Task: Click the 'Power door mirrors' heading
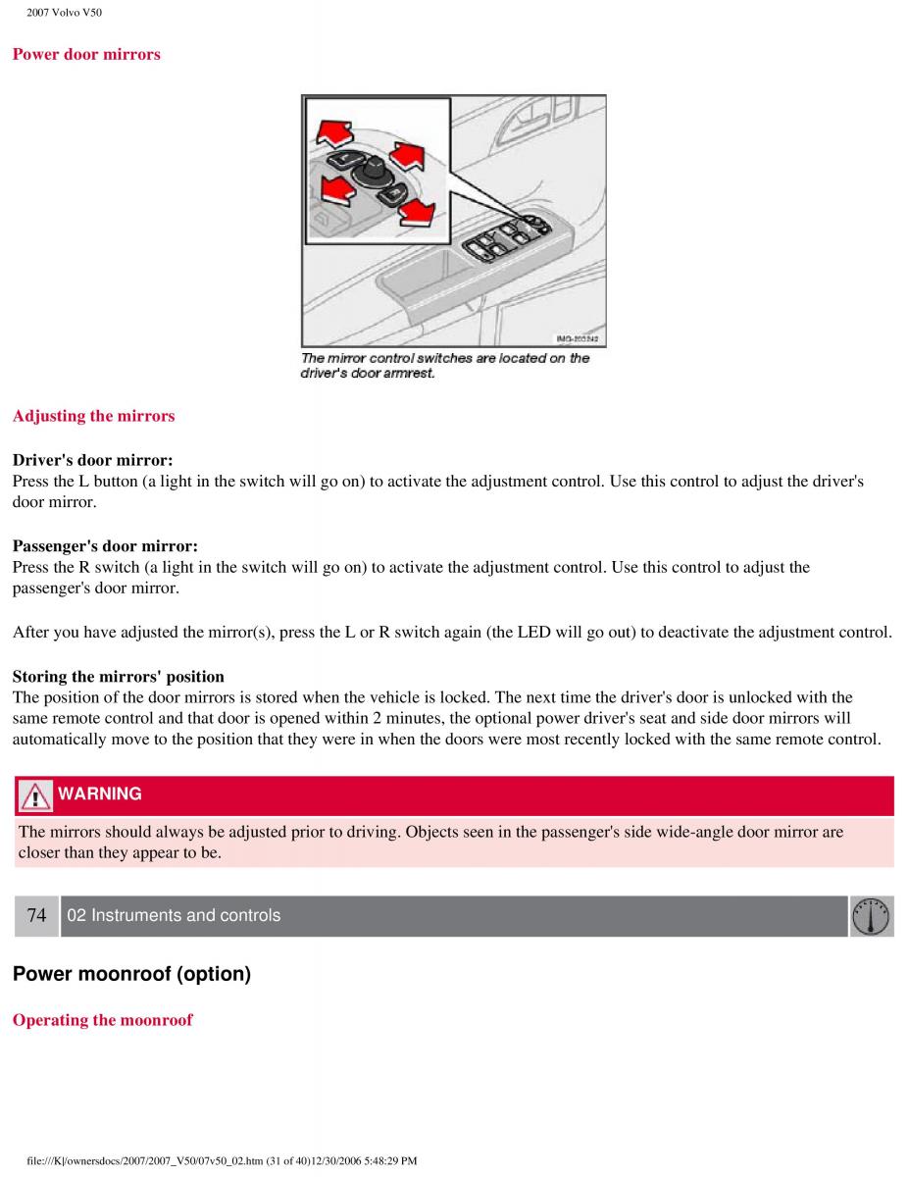[x=86, y=55]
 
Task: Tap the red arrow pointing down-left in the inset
[x=335, y=189]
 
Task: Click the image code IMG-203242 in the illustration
[x=577, y=339]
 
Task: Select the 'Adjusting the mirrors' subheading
[x=93, y=416]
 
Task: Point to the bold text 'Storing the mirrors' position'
[x=118, y=677]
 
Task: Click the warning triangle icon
[x=35, y=795]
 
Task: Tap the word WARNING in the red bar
[x=99, y=794]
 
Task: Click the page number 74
[x=37, y=916]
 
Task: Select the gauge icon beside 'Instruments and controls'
[x=871, y=916]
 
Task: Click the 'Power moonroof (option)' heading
[x=131, y=975]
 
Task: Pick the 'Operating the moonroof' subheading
[x=102, y=1020]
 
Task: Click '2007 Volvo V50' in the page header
[x=64, y=13]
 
